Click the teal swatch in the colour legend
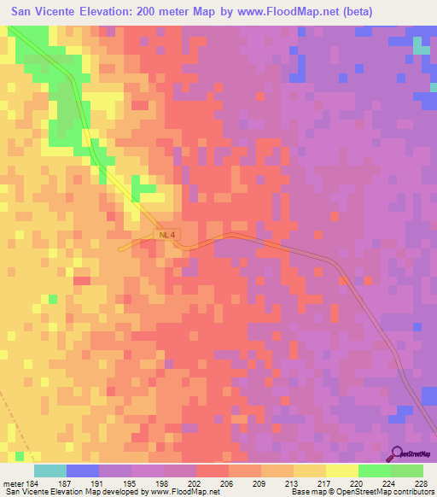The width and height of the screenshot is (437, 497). tap(50, 471)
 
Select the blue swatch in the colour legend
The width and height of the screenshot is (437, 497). tap(82, 471)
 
